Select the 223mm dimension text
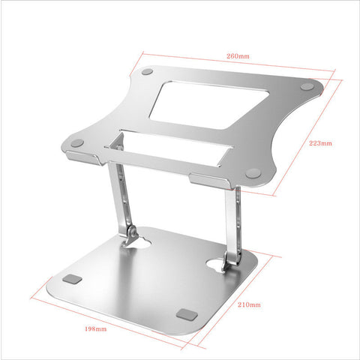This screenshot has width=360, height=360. pos(320,142)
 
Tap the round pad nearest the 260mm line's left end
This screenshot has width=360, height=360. pos(147,73)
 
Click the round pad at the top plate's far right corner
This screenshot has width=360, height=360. pos(307,88)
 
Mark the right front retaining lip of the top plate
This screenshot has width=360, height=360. pos(210,180)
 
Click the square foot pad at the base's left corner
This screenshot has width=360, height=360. pos(73,279)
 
